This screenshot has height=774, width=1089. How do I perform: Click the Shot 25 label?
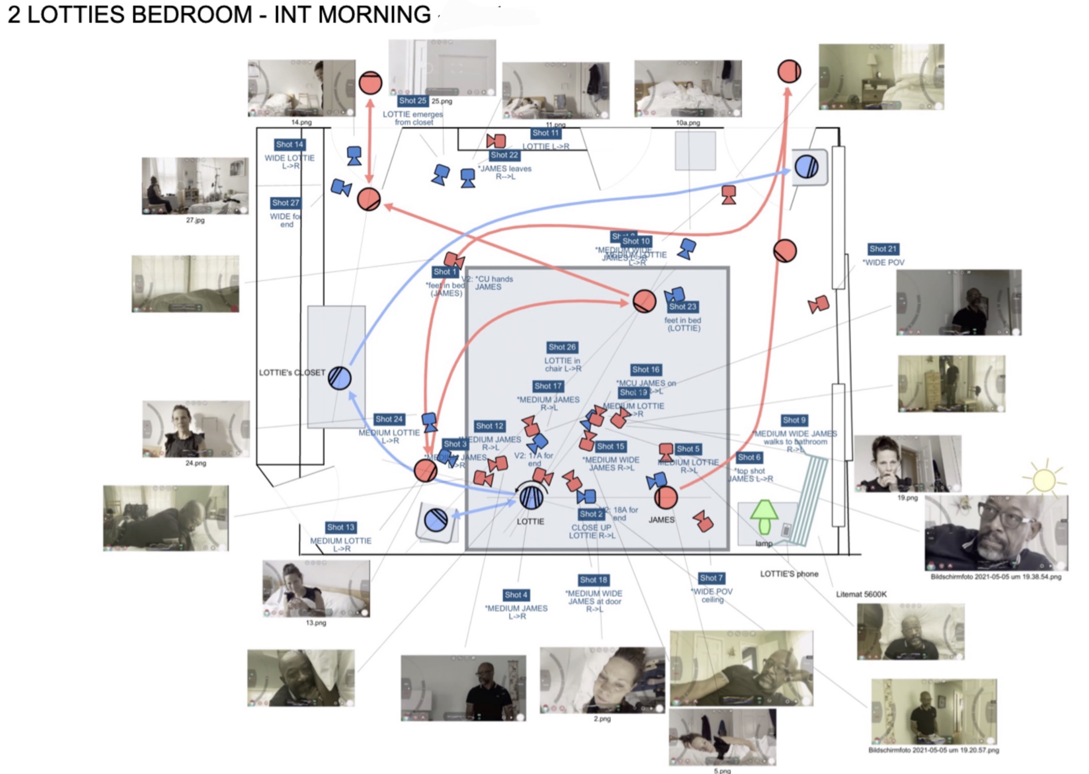[412, 101]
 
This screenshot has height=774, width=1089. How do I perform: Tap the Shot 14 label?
[289, 144]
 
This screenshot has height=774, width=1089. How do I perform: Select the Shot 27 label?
[285, 203]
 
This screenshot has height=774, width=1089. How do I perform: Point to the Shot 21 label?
[883, 249]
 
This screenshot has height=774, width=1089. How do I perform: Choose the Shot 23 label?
[682, 307]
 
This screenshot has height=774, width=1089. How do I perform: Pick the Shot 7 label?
[711, 578]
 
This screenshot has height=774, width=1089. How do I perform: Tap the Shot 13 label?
[341, 527]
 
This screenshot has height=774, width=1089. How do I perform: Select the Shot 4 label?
[516, 595]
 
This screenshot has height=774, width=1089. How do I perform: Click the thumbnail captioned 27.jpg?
[195, 186]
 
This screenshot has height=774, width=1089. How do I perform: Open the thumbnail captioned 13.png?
[316, 589]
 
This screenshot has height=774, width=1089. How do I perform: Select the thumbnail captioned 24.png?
[196, 429]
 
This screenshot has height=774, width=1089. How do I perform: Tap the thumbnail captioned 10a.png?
[688, 89]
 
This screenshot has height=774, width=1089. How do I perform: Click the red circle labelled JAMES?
[665, 498]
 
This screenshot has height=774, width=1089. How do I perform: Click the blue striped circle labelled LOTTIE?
[531, 498]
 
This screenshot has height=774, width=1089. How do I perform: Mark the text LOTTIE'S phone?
[789, 574]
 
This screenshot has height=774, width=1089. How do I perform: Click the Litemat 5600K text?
[861, 594]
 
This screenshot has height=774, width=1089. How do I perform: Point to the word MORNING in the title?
[375, 14]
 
